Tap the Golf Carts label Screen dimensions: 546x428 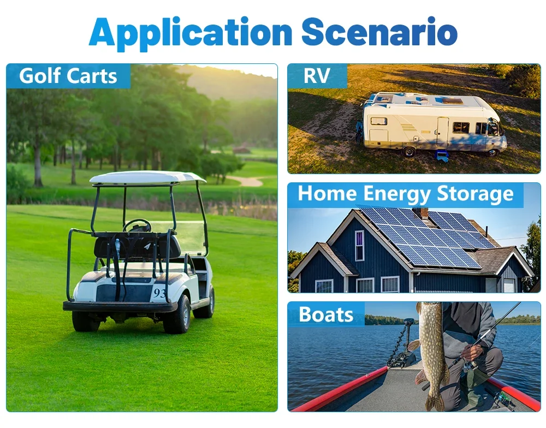(68, 76)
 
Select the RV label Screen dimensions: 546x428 (317, 75)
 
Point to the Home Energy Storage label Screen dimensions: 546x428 (406, 194)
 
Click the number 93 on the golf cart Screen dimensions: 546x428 (159, 293)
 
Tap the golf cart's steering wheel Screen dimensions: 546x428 (137, 225)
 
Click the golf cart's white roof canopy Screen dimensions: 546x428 (147, 178)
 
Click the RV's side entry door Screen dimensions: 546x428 (443, 131)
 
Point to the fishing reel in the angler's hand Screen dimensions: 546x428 (468, 366)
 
